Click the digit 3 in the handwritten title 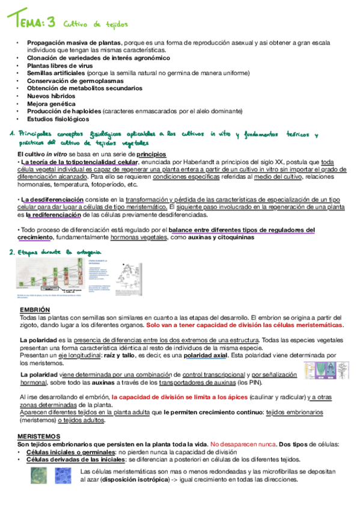point(51,23)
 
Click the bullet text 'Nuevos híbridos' point(51,96)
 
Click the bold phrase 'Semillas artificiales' point(56,73)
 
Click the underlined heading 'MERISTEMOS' point(39,435)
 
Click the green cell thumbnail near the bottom point(38,476)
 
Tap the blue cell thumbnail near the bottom point(63,476)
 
